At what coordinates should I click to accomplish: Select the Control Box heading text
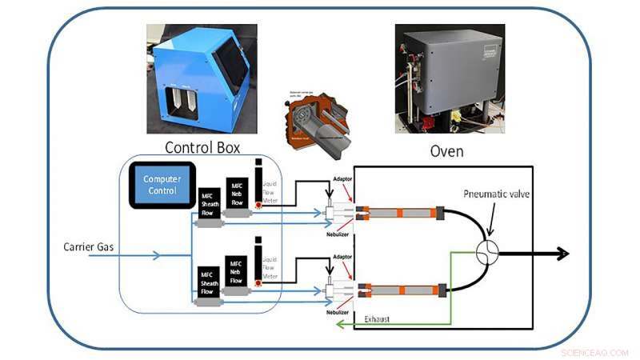coord(202,147)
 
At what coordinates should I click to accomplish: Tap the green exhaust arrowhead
coord(339,325)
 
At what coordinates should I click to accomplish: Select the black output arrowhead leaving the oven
coord(565,254)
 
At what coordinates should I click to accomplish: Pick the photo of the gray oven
coord(450,78)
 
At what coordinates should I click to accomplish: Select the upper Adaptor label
coord(342,178)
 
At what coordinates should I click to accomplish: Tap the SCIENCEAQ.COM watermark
coord(594,352)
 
